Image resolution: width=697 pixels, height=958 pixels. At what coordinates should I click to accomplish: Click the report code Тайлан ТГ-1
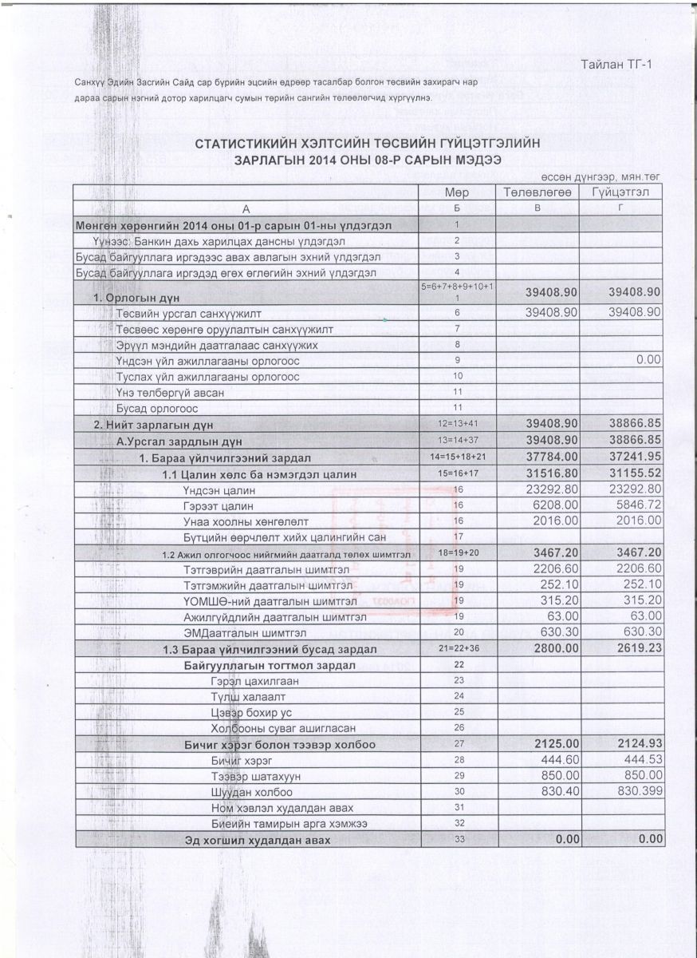click(x=616, y=64)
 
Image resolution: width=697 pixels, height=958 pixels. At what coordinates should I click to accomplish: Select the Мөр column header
click(x=457, y=193)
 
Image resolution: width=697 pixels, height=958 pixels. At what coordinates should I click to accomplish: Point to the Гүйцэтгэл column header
click(x=621, y=193)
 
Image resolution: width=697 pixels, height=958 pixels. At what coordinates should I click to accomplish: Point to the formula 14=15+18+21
click(x=457, y=457)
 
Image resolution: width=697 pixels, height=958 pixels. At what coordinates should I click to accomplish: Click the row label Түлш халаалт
click(x=238, y=696)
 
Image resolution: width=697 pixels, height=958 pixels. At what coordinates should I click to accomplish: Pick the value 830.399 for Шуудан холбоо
click(x=633, y=792)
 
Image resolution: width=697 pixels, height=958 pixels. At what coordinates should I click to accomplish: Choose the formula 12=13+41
click(x=457, y=423)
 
